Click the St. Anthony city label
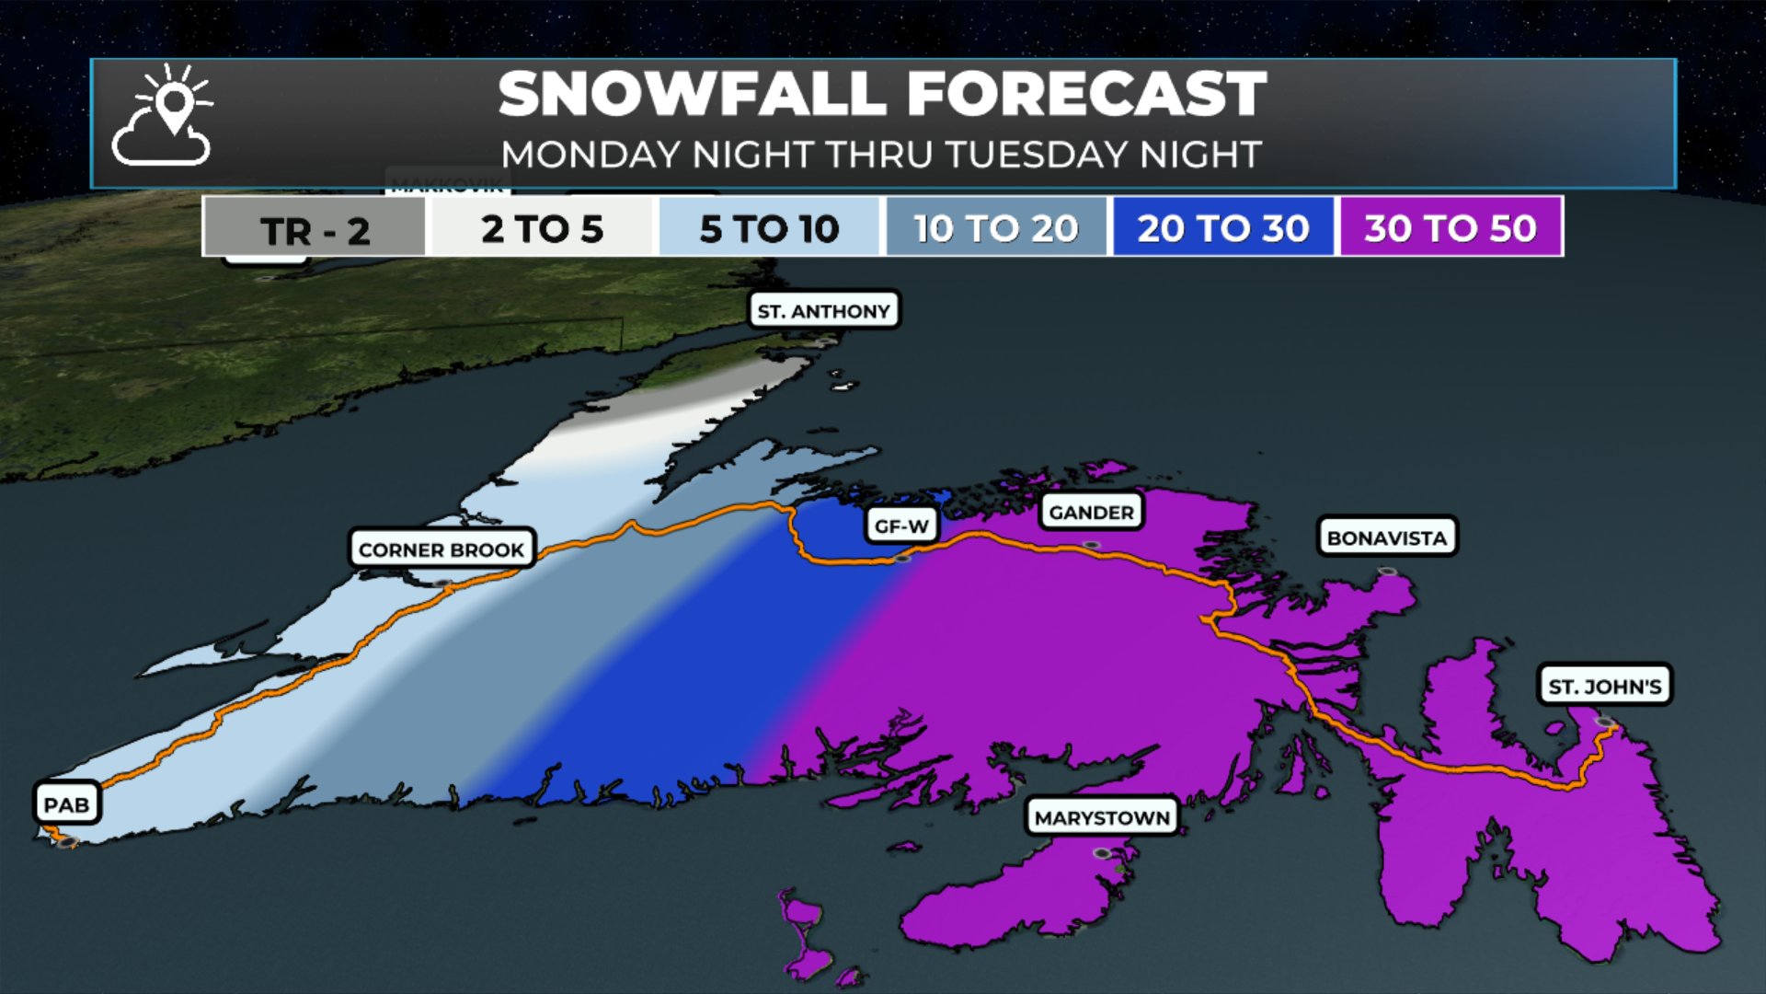824,311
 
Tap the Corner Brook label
441,549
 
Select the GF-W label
901,526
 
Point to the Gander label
1091,512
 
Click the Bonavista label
1387,537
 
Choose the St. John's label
1605,686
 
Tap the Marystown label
1102,817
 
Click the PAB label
66,804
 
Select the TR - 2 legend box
315,228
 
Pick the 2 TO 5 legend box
542,228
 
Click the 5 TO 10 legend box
769,228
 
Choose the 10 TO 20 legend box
996,228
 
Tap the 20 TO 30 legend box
1222,228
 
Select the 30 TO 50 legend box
1451,228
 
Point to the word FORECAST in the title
1086,94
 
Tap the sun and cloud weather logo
163,116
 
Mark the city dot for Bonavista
1387,572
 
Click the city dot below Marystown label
1102,854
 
